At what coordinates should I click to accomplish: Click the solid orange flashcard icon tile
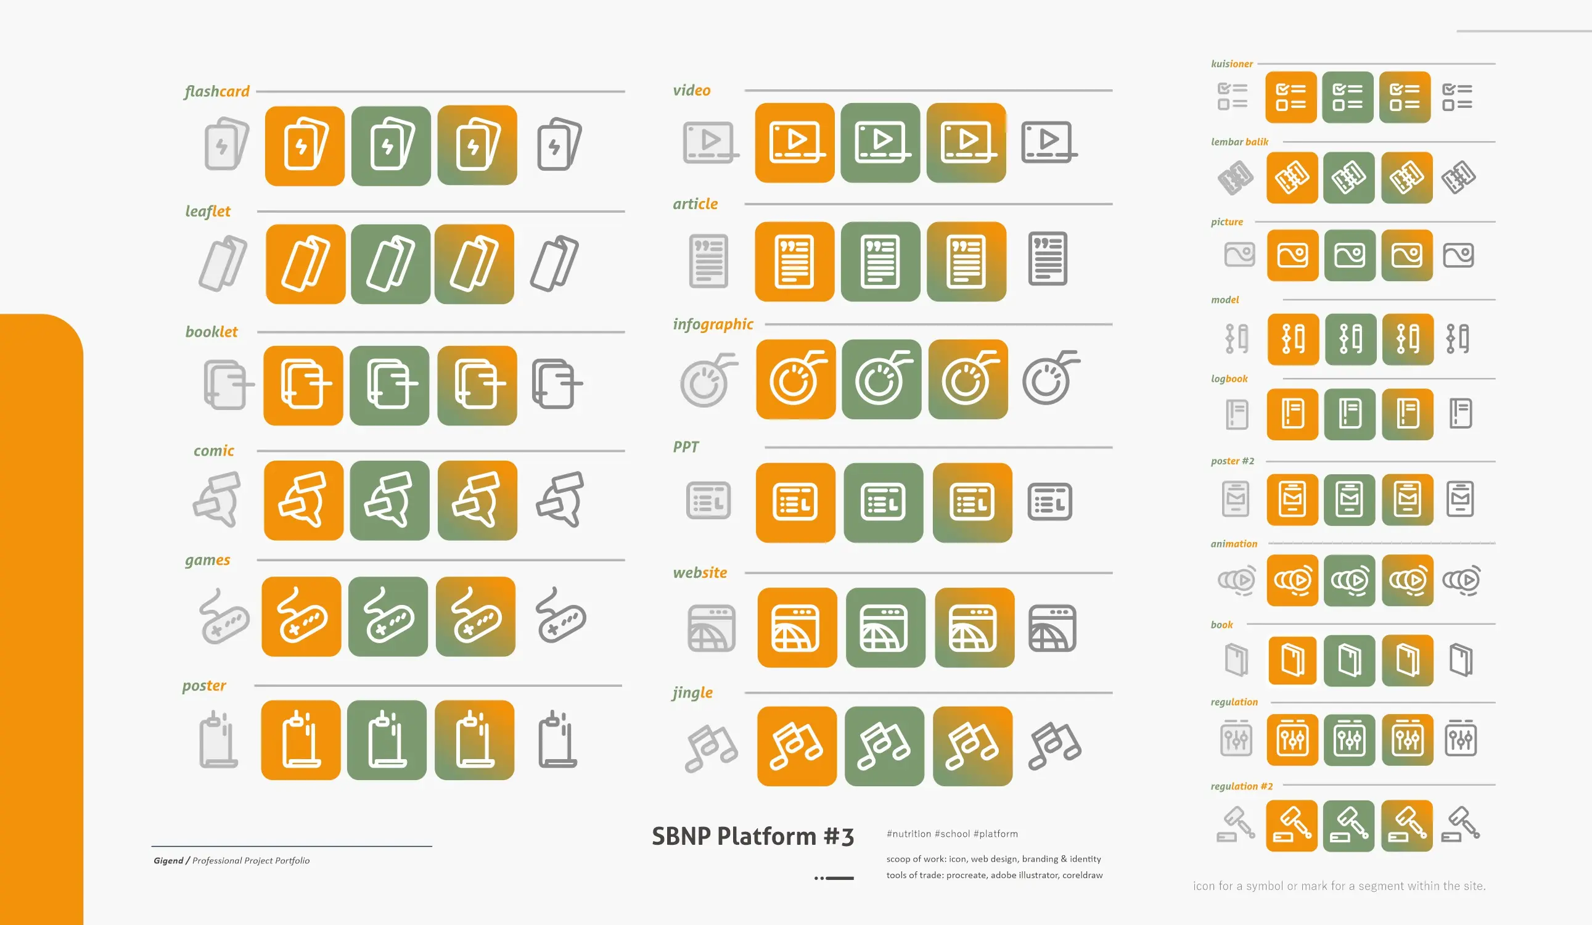[305, 146]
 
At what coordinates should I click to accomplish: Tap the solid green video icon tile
[880, 143]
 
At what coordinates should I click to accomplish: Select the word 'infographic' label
[713, 324]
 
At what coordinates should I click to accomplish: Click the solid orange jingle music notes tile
[797, 746]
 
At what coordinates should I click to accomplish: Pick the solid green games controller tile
[388, 617]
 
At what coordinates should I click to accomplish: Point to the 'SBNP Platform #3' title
[752, 837]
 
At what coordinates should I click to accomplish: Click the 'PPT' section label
[686, 446]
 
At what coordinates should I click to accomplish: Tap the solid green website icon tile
[885, 627]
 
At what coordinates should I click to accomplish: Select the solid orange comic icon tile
[304, 500]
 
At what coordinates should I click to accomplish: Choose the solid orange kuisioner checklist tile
[1290, 97]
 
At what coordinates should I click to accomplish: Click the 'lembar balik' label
[1239, 142]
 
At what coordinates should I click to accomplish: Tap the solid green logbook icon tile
[1350, 414]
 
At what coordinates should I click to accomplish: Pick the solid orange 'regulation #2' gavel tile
[1292, 826]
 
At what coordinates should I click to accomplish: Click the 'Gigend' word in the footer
[168, 860]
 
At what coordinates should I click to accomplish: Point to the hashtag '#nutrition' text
[908, 834]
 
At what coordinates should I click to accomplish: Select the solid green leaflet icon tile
[390, 264]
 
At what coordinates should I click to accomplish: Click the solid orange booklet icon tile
[303, 385]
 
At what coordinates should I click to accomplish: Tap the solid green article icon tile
[880, 261]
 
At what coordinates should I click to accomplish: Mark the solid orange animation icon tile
[1292, 580]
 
